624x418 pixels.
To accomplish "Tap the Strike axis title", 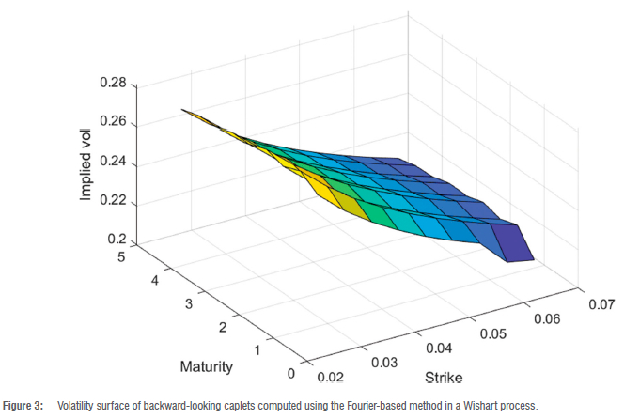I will [x=442, y=378].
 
